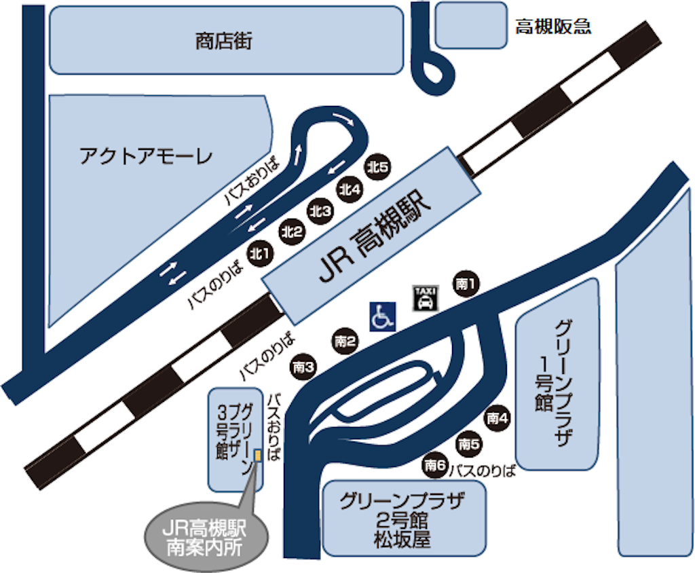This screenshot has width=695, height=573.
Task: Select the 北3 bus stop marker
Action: [x=320, y=211]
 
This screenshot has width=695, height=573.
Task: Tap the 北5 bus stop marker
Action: [x=377, y=166]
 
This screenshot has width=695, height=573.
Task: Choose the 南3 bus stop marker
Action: [x=303, y=368]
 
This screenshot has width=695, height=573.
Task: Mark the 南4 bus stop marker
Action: [x=497, y=418]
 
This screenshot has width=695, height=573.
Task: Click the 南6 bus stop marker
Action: [x=435, y=466]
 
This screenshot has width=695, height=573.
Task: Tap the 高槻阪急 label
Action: [x=553, y=27]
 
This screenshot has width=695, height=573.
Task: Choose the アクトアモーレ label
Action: [x=147, y=157]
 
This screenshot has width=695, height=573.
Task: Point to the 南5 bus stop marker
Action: [x=468, y=445]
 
